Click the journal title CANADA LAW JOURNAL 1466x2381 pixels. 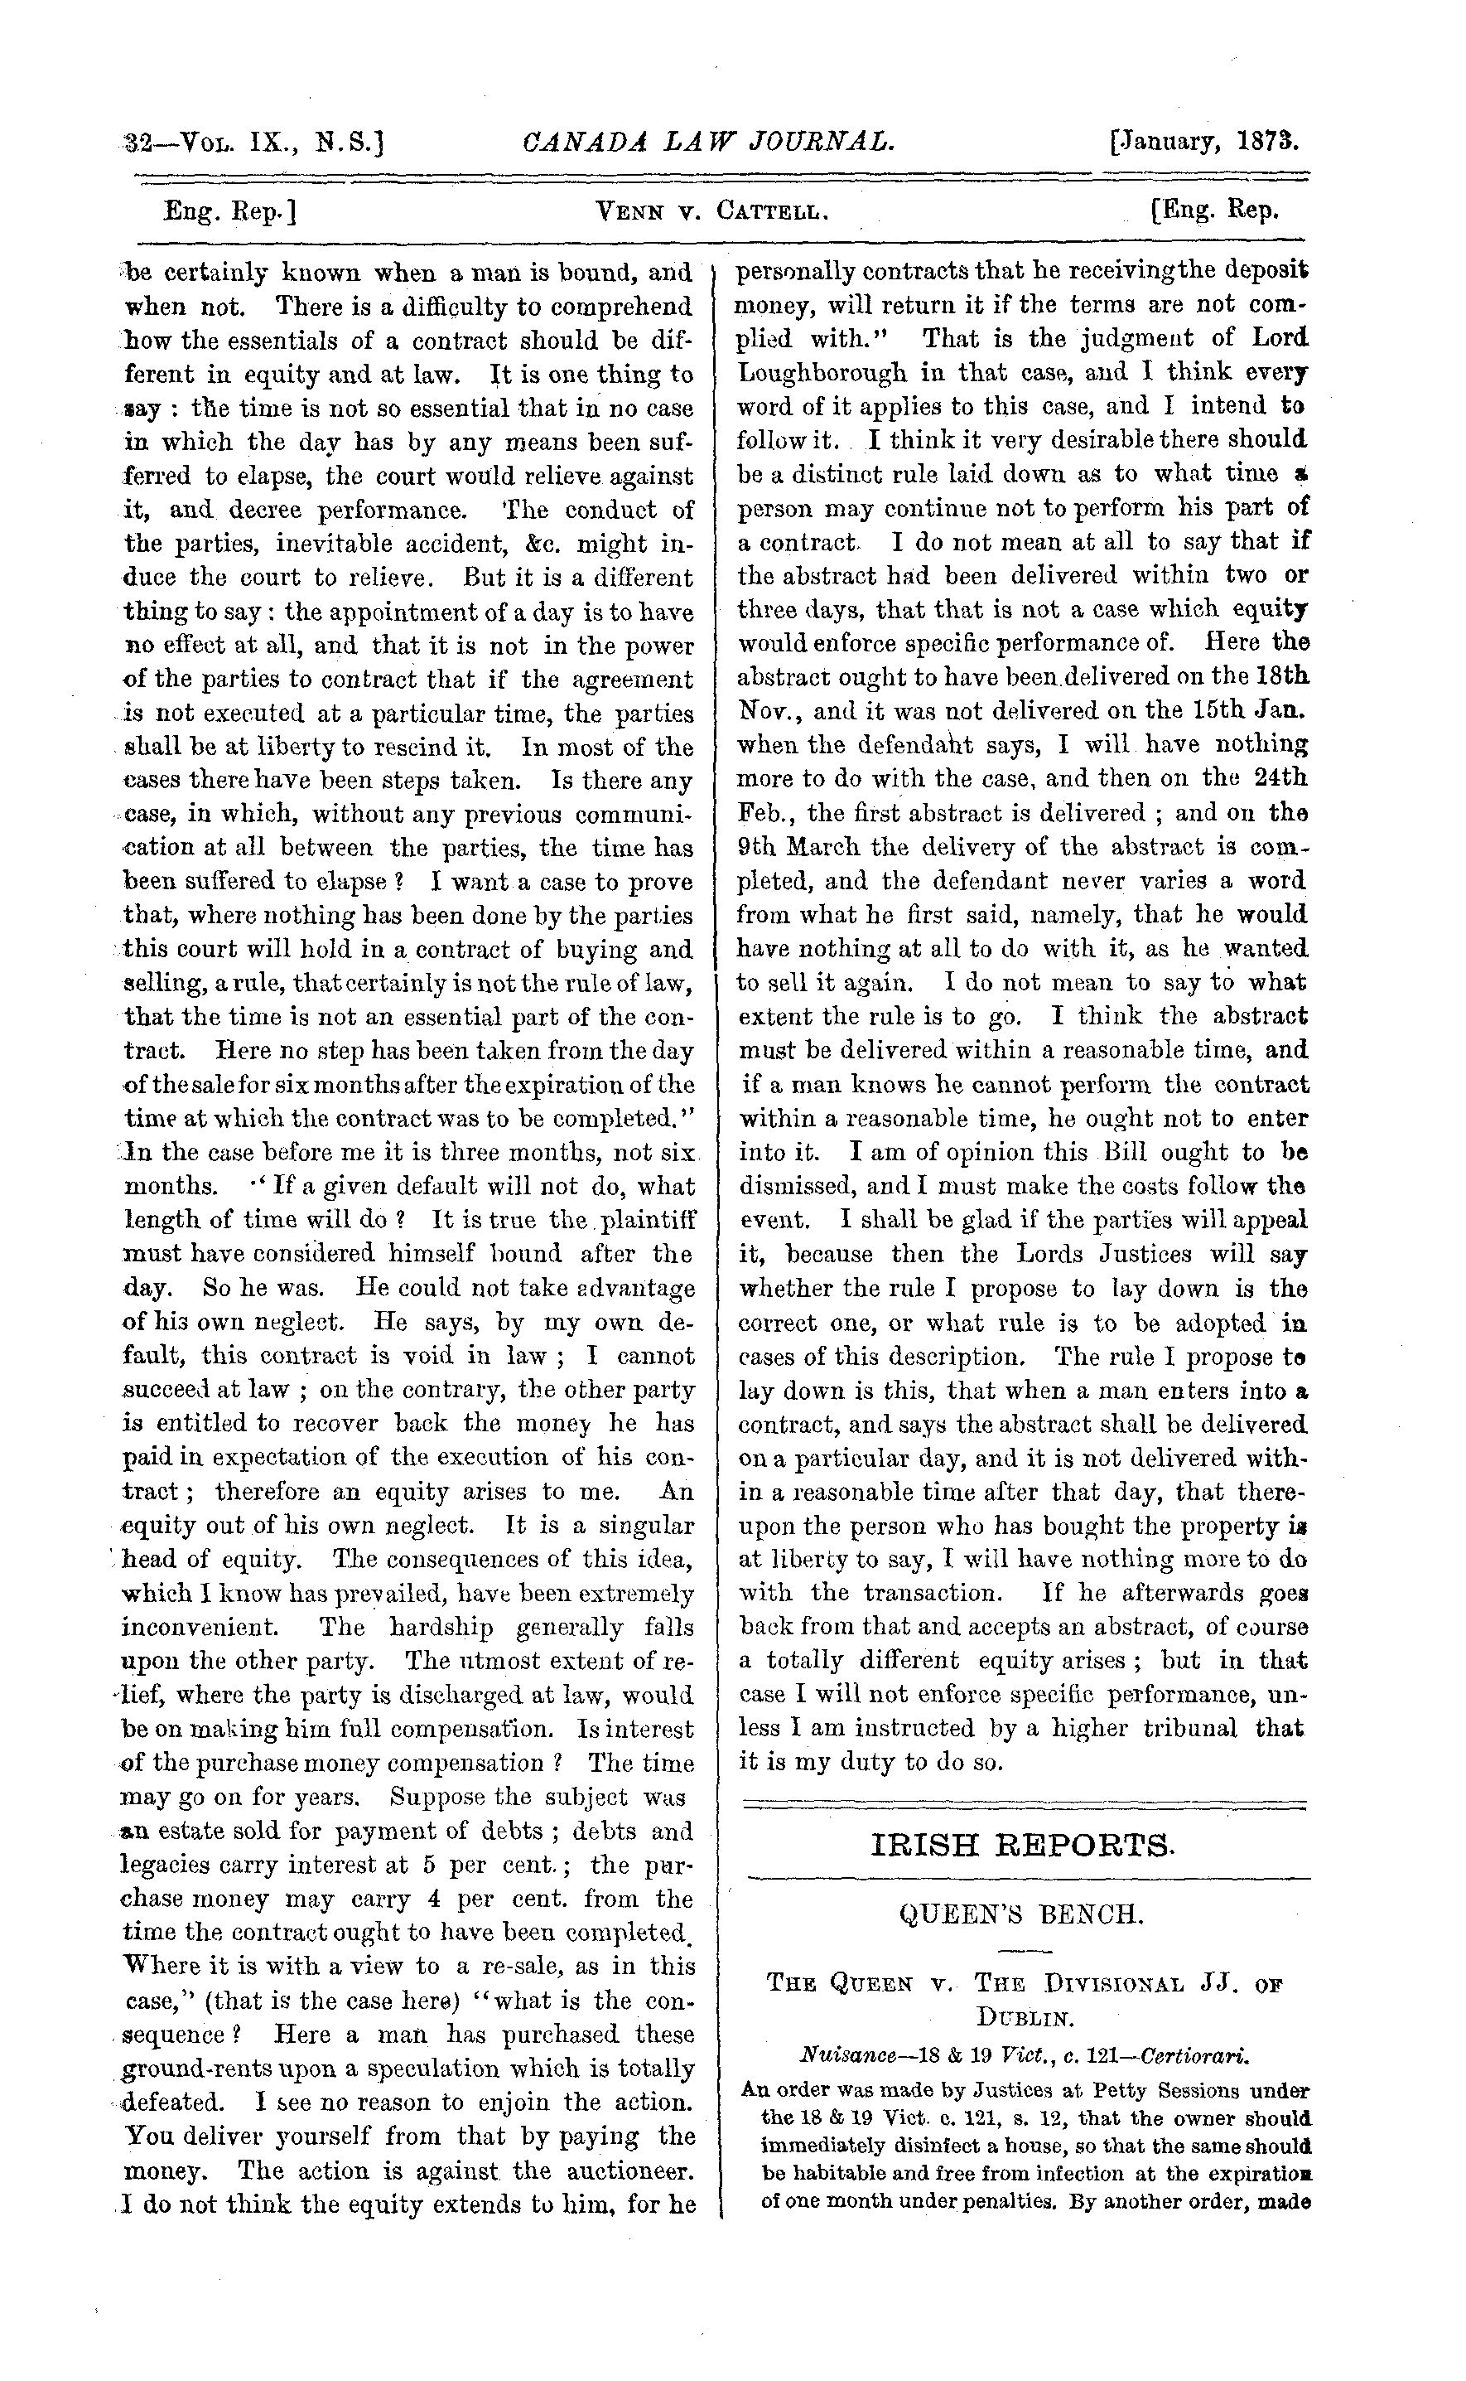[x=708, y=143]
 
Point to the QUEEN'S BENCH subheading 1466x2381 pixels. [x=1022, y=1914]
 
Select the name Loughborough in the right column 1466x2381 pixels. [x=823, y=372]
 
